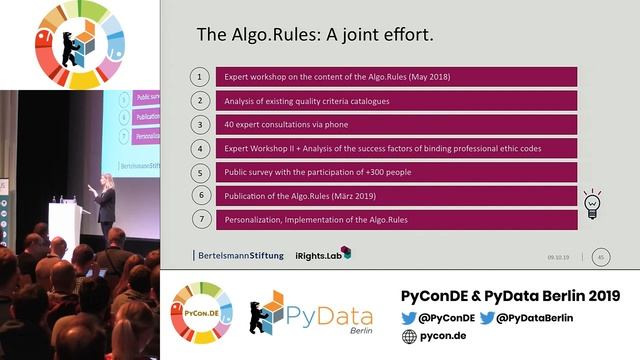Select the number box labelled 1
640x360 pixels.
[201, 77]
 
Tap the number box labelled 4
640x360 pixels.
[201, 148]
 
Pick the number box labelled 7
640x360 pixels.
[201, 219]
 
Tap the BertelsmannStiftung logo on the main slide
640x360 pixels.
[240, 254]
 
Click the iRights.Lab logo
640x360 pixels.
[323, 253]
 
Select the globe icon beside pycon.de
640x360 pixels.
[409, 337]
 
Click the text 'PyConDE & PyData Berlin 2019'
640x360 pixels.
[510, 297]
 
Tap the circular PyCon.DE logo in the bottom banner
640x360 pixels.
[201, 313]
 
